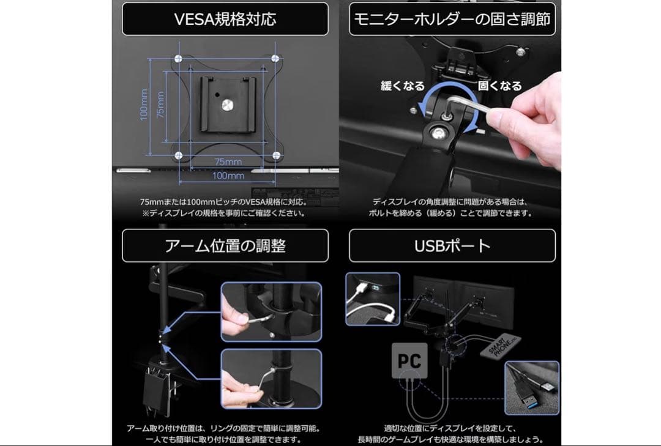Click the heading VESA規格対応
[x=225, y=19]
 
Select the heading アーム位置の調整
[x=225, y=245]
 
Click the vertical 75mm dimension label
[x=160, y=105]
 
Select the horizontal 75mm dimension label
[x=228, y=162]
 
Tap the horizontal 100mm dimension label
[x=228, y=176]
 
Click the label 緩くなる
[x=402, y=86]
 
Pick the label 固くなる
[x=500, y=86]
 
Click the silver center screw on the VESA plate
[x=228, y=106]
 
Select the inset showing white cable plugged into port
[x=373, y=299]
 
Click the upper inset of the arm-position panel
[x=271, y=311]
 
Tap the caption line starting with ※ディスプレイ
[x=223, y=214]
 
